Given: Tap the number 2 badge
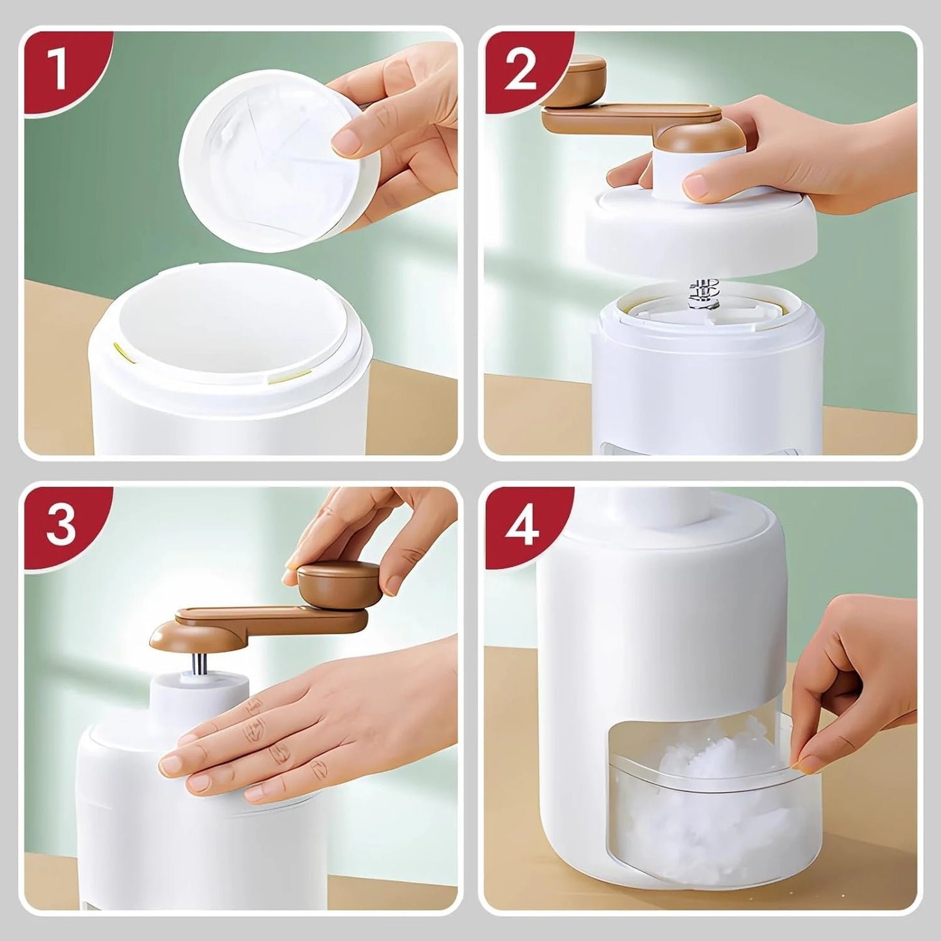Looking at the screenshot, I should click(x=520, y=70).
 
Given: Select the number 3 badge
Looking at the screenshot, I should click(x=60, y=526).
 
